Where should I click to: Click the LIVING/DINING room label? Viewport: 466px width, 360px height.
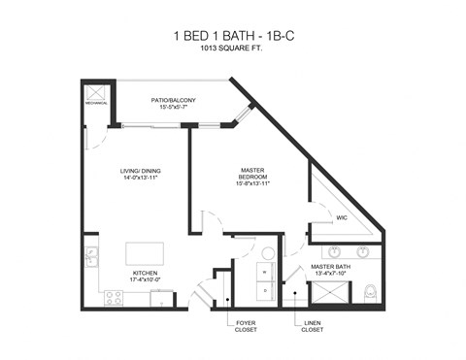click(139, 176)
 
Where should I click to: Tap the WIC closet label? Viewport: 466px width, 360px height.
click(341, 218)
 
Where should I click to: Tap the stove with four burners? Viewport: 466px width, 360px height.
click(116, 297)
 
